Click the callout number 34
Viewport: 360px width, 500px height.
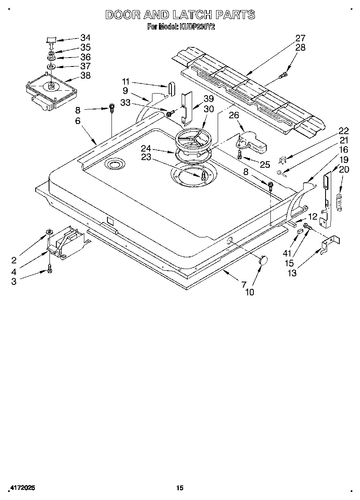click(86, 38)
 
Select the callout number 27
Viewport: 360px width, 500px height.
click(300, 38)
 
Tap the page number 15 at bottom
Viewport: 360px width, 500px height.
click(180, 488)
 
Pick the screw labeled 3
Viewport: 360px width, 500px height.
click(50, 268)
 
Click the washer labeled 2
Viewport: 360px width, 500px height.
click(49, 232)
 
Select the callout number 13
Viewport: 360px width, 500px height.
click(291, 273)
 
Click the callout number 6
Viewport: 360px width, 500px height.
click(78, 120)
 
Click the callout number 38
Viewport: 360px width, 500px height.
click(86, 75)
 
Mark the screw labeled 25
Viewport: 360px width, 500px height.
click(240, 154)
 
